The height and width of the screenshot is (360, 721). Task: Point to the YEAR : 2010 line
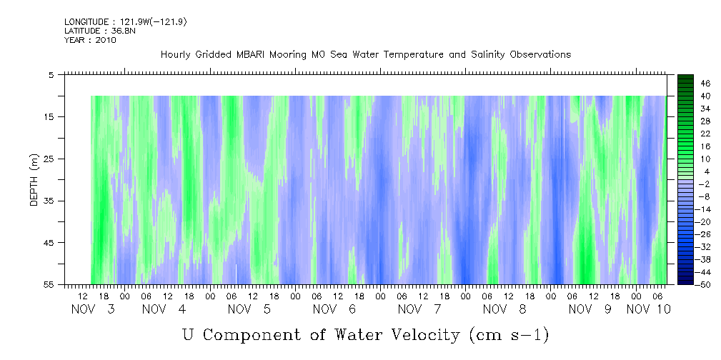pyautogui.click(x=89, y=40)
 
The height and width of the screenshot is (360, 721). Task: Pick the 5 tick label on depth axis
pyautogui.click(x=51, y=74)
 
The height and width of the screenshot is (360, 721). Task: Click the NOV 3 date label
pyautogui.click(x=94, y=309)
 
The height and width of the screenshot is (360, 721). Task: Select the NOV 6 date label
pyautogui.click(x=335, y=309)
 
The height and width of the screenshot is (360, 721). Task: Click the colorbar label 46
pyautogui.click(x=685, y=84)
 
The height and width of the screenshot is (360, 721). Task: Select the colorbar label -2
pyautogui.click(x=685, y=184)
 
